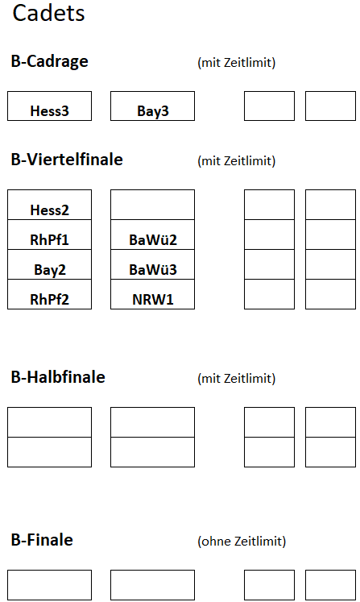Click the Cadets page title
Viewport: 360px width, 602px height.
48,13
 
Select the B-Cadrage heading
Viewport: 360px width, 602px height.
49,61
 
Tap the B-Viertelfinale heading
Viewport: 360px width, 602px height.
67,160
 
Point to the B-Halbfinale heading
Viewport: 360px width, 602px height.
58,377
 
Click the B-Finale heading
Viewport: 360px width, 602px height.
42,540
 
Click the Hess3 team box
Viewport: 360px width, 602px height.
49,106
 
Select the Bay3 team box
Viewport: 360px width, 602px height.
152,106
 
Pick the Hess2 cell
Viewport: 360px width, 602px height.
49,205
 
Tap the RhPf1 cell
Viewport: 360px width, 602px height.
49,235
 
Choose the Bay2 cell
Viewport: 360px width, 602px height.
49,264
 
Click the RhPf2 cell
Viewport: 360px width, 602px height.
49,294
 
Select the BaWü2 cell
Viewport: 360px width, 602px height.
152,235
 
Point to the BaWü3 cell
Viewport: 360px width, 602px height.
152,264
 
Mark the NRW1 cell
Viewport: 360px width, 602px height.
152,294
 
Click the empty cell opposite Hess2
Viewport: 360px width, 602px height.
152,205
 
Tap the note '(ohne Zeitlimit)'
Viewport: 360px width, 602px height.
242,541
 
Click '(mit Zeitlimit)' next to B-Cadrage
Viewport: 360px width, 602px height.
237,62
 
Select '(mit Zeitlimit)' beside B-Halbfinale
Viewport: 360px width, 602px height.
237,378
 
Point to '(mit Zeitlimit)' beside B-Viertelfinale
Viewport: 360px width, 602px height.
237,160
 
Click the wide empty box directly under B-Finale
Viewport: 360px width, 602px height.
49,585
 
